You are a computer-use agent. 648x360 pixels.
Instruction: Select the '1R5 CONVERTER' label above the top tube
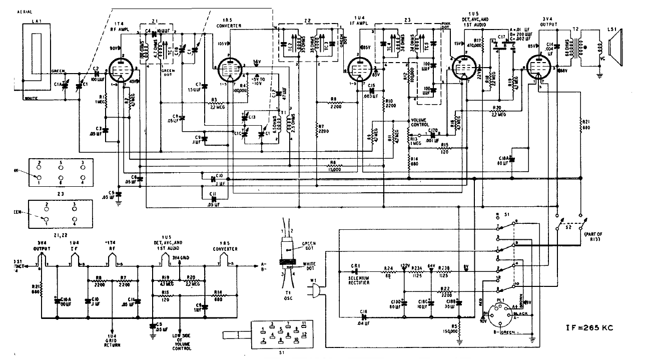coord(229,23)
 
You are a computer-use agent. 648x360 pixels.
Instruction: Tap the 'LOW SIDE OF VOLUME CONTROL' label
coord(181,342)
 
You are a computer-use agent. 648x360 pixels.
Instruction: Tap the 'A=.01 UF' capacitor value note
coord(518,29)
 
